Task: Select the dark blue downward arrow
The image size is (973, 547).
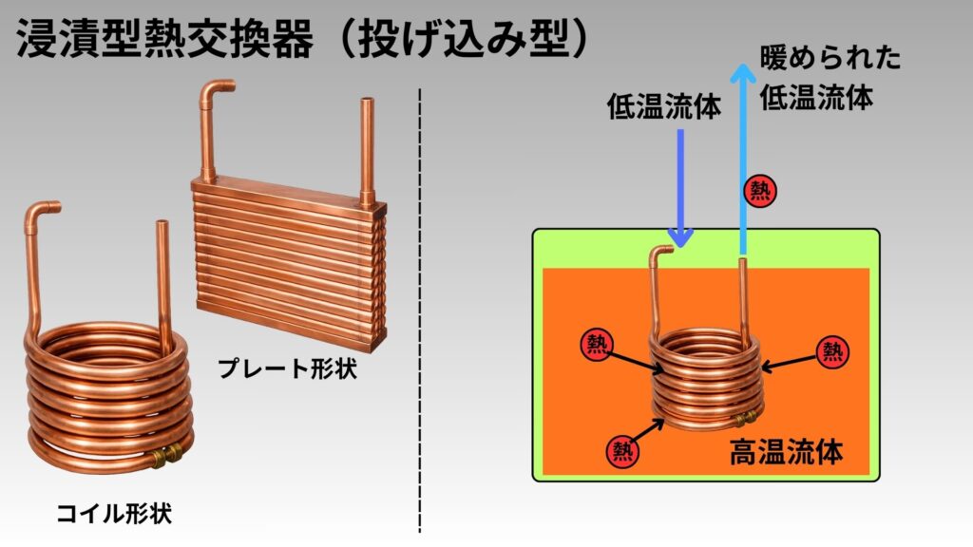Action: tap(681, 185)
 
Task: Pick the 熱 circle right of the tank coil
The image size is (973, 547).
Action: tap(832, 352)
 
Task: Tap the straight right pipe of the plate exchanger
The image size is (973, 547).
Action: tap(369, 147)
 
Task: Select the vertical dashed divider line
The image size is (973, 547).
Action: tap(419, 313)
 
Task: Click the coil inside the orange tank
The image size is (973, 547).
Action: tap(705, 380)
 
